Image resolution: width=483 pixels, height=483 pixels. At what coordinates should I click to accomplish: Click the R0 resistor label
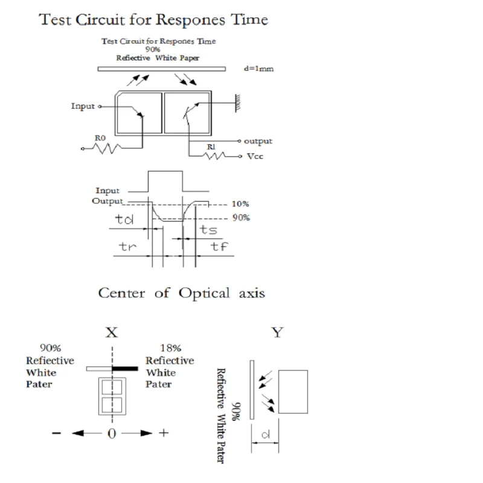100,138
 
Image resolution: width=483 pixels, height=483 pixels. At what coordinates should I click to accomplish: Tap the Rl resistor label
211,147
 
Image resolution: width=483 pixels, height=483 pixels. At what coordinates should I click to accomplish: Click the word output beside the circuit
258,141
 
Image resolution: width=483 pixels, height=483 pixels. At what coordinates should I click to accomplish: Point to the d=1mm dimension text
258,69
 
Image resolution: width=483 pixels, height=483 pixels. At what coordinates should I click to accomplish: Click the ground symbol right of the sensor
239,102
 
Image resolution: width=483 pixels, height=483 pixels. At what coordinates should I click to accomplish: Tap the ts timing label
209,229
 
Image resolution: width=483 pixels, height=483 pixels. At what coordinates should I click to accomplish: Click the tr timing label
127,246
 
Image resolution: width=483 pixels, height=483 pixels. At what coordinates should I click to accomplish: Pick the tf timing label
219,246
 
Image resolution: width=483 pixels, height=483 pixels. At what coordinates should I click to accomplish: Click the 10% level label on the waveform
240,204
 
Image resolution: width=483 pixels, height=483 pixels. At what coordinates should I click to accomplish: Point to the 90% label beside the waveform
240,218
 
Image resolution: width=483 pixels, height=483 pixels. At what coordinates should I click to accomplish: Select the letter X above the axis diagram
111,332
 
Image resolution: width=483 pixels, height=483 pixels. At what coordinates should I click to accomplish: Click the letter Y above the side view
277,332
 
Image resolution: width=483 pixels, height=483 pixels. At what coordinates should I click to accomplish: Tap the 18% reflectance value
171,348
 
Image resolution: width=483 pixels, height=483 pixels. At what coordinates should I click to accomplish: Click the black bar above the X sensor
125,368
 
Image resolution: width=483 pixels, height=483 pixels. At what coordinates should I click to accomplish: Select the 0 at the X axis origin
112,433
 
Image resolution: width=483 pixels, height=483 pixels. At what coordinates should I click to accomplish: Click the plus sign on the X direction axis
163,433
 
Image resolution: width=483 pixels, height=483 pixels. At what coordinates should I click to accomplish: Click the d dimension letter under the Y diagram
266,434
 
